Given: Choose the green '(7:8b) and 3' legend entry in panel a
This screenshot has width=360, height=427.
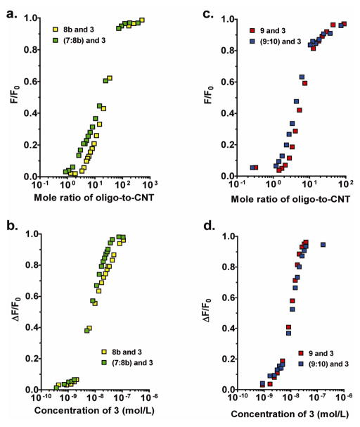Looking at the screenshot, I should coord(91,39).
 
